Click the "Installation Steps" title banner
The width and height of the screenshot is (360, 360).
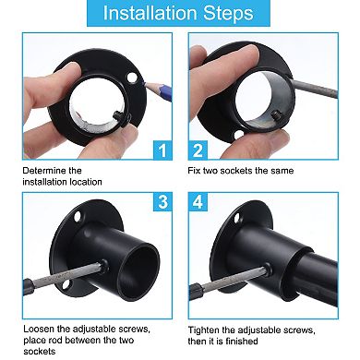click(178, 13)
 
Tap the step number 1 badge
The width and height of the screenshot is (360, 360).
click(162, 150)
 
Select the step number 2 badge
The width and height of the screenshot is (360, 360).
click(198, 150)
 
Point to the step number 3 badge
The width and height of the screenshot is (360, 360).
click(162, 202)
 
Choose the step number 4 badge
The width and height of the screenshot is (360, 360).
click(198, 202)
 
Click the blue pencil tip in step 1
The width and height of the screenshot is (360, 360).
click(144, 83)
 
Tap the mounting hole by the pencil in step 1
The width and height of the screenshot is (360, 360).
click(132, 78)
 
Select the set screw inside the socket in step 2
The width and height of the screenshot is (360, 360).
click(276, 116)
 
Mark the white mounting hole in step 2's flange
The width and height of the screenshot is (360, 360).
click(238, 135)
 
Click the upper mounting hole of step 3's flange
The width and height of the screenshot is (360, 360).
click(77, 217)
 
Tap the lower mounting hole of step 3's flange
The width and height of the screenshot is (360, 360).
click(66, 284)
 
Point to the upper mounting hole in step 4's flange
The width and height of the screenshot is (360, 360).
click(237, 218)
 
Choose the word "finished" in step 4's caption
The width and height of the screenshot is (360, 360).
click(242, 342)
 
